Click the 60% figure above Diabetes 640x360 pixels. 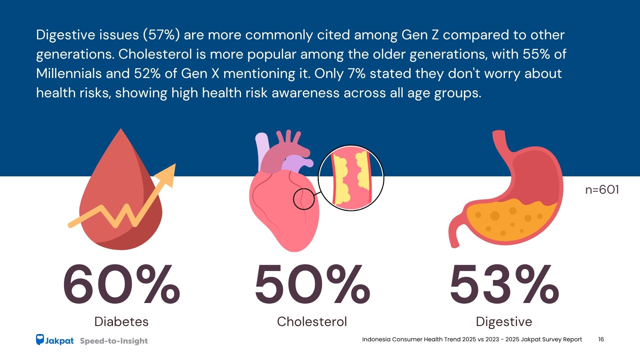click(x=121, y=284)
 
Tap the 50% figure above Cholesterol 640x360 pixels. click(x=312, y=284)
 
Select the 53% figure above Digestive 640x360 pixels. click(x=504, y=284)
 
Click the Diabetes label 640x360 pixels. click(x=121, y=322)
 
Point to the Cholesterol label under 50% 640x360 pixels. click(x=312, y=322)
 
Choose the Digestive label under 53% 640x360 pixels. click(x=504, y=322)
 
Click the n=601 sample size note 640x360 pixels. click(x=602, y=190)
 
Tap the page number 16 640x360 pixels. click(x=601, y=339)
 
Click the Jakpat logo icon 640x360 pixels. click(x=40, y=340)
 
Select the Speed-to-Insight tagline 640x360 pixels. click(x=114, y=341)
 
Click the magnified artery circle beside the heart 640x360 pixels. click(x=351, y=178)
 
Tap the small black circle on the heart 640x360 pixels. click(x=304, y=199)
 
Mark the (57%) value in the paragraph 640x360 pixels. click(x=161, y=35)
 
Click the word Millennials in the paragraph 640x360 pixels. click(x=69, y=74)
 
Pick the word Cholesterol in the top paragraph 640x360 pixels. click(x=155, y=54)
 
